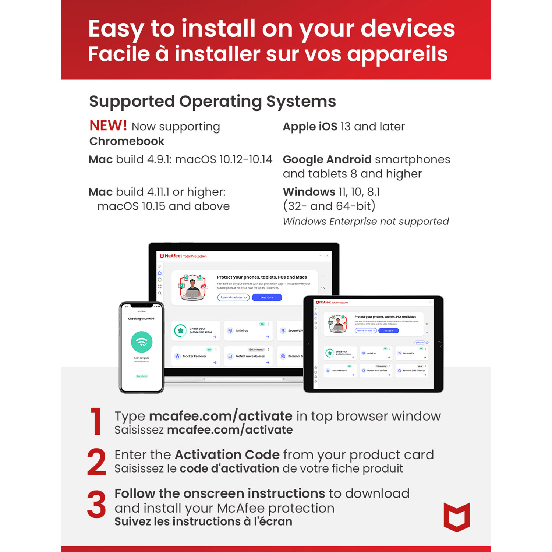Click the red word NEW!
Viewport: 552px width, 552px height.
point(108,126)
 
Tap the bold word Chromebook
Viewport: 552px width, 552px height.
point(127,141)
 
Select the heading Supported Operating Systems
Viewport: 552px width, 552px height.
point(212,101)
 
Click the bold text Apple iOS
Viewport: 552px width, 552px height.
point(310,127)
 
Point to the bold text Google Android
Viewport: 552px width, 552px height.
point(327,159)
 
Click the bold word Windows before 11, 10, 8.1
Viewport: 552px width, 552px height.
point(309,192)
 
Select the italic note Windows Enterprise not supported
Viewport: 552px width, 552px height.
point(366,222)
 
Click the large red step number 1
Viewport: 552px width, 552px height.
point(96,421)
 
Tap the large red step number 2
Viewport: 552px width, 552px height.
point(96,462)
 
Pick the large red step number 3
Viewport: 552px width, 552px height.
point(96,504)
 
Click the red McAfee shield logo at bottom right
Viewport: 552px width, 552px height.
point(457,517)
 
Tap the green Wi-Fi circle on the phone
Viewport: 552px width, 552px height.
point(142,342)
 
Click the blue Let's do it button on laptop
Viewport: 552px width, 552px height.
point(267,297)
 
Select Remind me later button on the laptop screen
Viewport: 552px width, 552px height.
point(233,297)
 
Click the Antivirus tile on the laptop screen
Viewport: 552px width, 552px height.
point(248,330)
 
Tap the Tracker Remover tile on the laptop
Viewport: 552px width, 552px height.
point(195,356)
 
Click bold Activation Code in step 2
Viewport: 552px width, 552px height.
point(227,455)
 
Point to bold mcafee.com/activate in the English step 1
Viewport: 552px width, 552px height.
point(220,416)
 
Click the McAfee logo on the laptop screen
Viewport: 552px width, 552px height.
point(170,256)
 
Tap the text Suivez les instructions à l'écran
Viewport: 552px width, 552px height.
point(203,521)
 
